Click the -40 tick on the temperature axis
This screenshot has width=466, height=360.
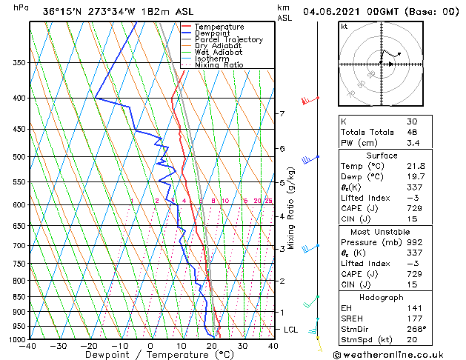[x=28, y=346]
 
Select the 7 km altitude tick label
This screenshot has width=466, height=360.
[x=282, y=113]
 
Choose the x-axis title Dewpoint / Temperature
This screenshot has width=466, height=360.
[x=149, y=355]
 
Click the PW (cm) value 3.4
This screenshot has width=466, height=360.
[x=412, y=143]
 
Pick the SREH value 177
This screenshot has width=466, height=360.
[x=413, y=319]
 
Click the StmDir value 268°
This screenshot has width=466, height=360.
[x=416, y=330]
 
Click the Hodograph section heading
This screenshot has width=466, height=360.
[x=382, y=297]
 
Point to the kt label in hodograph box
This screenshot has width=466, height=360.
[x=344, y=26]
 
